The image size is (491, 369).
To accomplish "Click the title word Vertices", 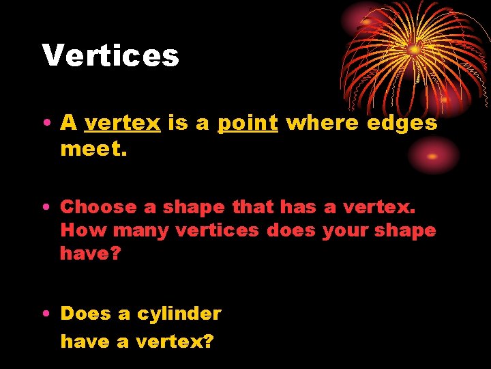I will point(110,55).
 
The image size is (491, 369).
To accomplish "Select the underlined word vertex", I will point(122,123).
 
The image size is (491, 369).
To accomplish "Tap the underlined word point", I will point(248,123).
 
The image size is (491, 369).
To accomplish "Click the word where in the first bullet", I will point(323,123).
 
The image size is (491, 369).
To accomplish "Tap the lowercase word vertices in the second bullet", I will point(218,230).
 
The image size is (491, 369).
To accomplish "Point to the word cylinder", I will point(179,314).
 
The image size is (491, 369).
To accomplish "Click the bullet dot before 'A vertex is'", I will point(44,124).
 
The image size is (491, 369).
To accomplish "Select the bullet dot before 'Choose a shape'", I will point(44,207).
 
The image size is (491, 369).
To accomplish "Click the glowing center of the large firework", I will point(414,49).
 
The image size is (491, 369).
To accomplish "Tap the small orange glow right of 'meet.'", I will point(432,156).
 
